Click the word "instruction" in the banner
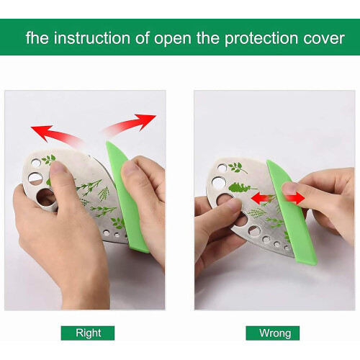coord(92,38)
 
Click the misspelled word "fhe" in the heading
coord(37,37)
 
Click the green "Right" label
coord(88,333)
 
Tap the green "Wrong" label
coord(273,333)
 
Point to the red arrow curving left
coord(58,136)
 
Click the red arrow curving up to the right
coord(130,125)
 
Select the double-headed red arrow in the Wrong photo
coord(278,199)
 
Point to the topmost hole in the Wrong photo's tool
coord(222,167)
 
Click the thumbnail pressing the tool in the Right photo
coord(57,167)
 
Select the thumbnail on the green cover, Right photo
coord(130,168)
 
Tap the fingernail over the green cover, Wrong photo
coord(289,188)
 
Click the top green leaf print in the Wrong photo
coord(237,168)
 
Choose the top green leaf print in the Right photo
coord(49,160)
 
